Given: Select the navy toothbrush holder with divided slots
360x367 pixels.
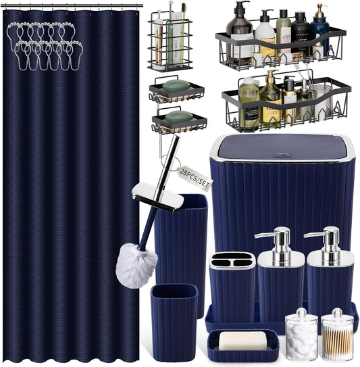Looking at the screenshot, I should pos(232,287).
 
